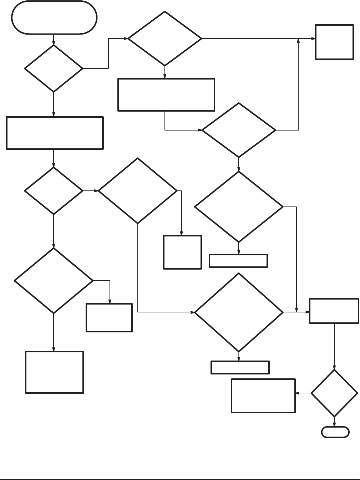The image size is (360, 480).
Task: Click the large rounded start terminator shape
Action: coord(54,17)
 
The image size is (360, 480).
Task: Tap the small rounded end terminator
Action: coord(335,432)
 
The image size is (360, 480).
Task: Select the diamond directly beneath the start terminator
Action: coord(54,68)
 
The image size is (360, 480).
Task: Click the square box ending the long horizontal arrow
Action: coord(334,42)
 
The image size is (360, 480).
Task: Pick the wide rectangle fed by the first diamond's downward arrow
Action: coord(55,133)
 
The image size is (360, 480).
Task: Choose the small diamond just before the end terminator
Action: coord(334,393)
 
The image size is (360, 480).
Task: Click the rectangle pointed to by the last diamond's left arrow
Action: coord(263,396)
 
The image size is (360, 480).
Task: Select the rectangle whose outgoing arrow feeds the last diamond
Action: coord(334,311)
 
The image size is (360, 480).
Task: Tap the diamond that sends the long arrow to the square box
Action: coord(165,39)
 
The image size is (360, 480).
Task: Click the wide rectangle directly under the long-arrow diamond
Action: coord(166,95)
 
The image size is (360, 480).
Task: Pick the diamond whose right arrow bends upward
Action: coord(239,130)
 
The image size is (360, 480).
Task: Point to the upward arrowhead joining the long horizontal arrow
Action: coord(298,41)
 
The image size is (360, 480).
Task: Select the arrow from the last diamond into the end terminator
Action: coord(334,422)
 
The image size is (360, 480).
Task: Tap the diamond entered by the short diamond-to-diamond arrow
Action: coord(138,191)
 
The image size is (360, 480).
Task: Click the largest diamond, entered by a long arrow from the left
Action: coord(239,312)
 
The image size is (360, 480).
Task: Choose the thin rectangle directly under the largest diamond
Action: coord(240,367)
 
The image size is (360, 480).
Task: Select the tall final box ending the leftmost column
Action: coord(54,372)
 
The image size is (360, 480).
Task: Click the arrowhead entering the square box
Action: coord(313,39)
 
